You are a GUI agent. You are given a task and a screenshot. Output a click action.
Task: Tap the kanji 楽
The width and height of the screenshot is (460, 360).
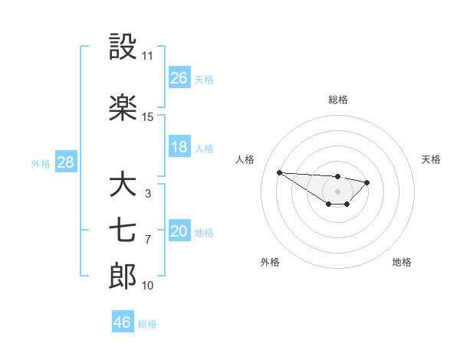[123, 108]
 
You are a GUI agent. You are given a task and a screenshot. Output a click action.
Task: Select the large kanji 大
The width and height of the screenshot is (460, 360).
[123, 185]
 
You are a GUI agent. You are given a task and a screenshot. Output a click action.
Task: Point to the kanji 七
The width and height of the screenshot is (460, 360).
[123, 231]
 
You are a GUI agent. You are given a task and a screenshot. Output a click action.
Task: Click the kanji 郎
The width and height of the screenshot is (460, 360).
[123, 277]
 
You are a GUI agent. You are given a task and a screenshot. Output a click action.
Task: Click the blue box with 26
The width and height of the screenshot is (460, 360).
[179, 78]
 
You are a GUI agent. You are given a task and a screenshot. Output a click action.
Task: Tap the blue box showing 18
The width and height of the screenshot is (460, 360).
[179, 147]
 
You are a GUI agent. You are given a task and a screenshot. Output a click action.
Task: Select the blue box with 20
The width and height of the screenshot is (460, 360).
[179, 231]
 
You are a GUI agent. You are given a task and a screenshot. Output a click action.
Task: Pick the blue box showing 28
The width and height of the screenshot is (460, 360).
[65, 162]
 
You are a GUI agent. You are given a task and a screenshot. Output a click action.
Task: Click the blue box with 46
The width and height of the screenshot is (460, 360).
[123, 322]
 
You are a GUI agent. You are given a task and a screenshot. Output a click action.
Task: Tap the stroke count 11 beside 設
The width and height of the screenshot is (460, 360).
[147, 56]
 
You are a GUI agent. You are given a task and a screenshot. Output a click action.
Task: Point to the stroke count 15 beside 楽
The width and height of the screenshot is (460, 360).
[147, 117]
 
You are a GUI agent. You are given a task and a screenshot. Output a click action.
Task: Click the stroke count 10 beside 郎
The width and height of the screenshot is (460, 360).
[147, 286]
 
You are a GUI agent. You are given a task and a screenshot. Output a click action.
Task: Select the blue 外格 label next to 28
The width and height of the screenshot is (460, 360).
[41, 163]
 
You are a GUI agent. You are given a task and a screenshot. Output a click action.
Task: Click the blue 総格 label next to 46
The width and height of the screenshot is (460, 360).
[147, 324]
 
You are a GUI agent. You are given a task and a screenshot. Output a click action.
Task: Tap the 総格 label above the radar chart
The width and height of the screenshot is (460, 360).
[337, 100]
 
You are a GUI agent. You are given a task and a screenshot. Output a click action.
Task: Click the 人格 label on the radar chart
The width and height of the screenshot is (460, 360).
[245, 159]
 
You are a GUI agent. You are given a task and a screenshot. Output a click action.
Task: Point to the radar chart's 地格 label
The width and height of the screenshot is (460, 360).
[402, 263]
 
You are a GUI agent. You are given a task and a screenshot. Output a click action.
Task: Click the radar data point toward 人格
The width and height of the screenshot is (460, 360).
[279, 172]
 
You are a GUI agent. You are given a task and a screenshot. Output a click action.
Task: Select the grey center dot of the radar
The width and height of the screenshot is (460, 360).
[337, 191]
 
